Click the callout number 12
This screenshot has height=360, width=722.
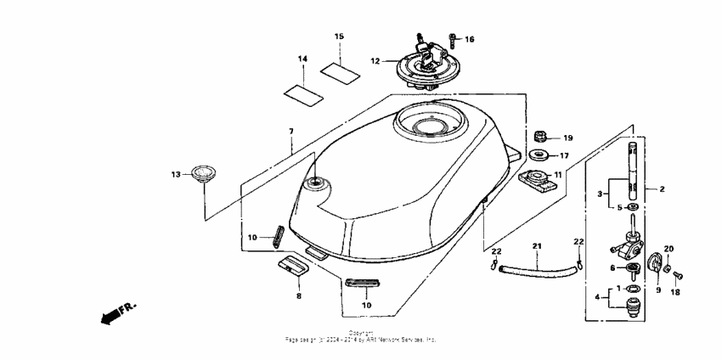coord(375,61)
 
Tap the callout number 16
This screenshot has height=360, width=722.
coord(470,39)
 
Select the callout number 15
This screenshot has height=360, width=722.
coord(339,37)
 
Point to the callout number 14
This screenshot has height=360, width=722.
coord(302,59)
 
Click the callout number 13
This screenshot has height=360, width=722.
coord(176,174)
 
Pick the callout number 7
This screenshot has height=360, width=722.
coord(290,132)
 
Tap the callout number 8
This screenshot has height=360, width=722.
coord(298,296)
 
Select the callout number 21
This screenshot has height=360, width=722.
coord(537,246)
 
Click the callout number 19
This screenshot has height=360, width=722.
coord(568,137)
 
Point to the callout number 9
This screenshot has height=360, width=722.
coord(657,290)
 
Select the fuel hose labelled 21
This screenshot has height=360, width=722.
coord(536,272)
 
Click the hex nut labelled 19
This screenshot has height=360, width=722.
coord(540,136)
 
